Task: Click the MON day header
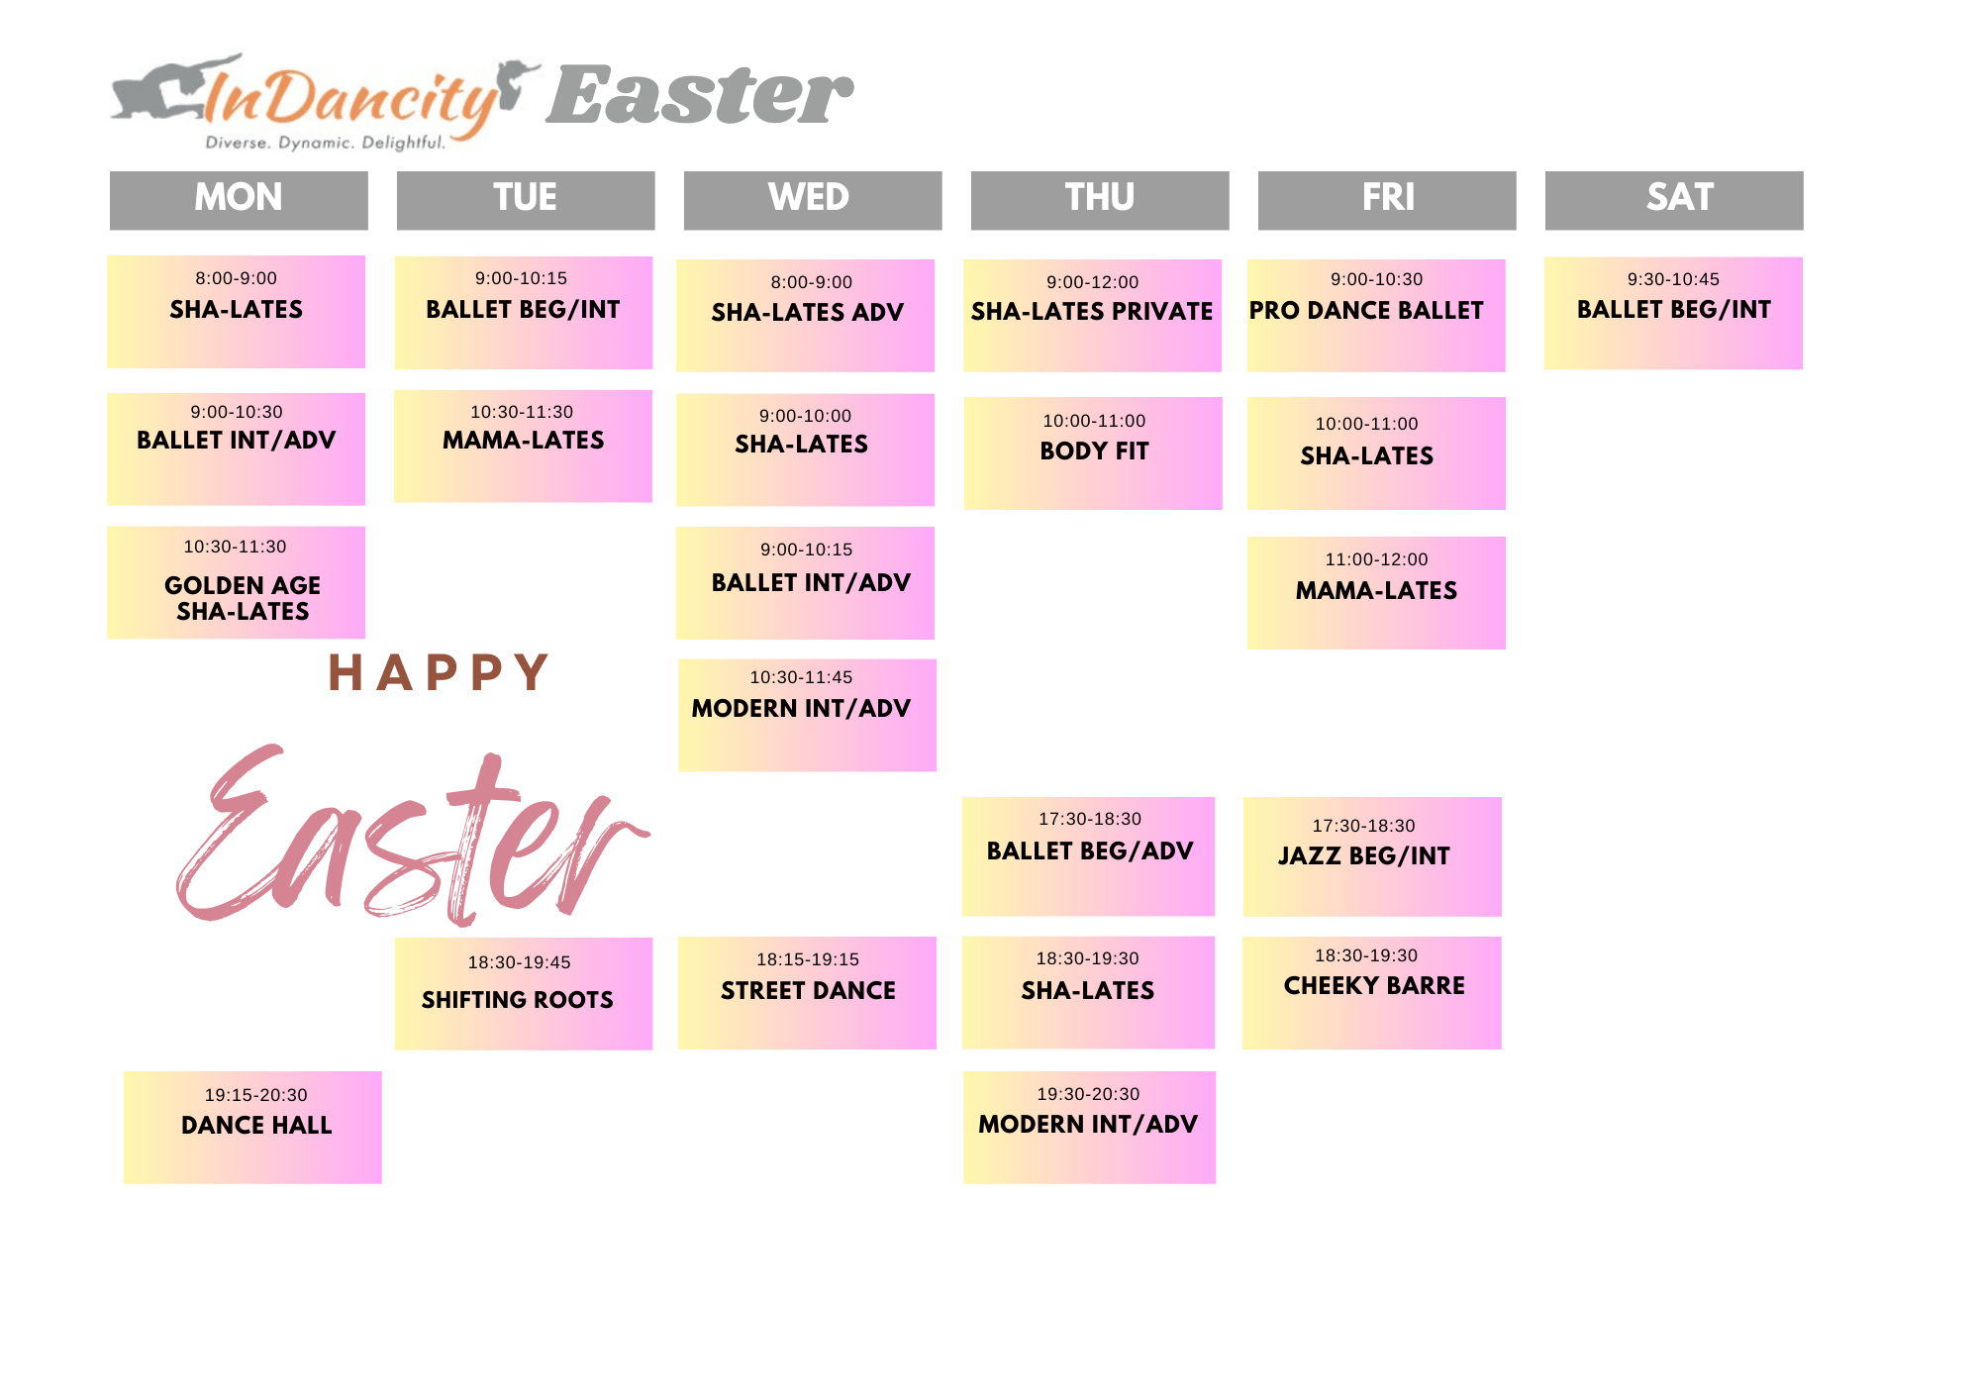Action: coord(239,200)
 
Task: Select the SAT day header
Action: coord(1674,200)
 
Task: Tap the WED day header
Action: coord(813,200)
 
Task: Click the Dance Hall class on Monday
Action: coord(252,1127)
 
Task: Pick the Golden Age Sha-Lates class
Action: coord(236,582)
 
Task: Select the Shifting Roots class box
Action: coord(524,993)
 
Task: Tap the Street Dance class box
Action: coord(807,992)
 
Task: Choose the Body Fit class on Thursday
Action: coord(1093,453)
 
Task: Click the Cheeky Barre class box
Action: coord(1372,992)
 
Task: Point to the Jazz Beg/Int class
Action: coord(1372,856)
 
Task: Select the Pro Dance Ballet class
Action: coord(1376,316)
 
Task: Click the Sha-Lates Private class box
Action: coord(1093,316)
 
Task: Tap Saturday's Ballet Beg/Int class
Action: coord(1673,313)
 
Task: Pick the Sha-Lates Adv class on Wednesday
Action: coord(805,316)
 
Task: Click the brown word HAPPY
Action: coord(438,672)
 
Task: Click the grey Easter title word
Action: coord(699,96)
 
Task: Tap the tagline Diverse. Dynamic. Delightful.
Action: coord(325,143)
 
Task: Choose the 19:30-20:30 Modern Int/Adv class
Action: coord(1089,1127)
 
